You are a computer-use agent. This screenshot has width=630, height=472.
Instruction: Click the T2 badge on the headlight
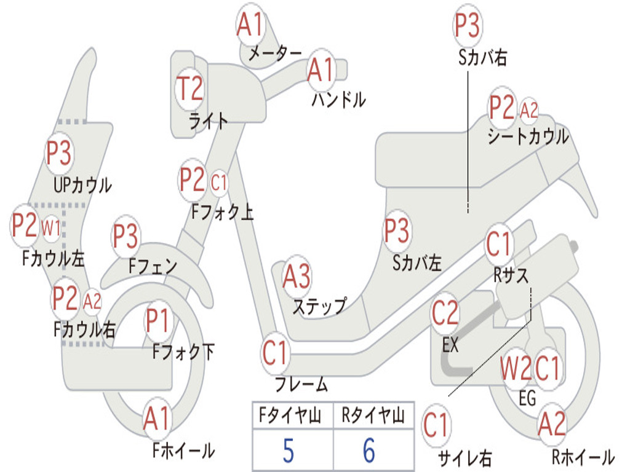coord(190,88)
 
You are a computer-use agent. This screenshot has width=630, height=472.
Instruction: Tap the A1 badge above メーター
coord(250,25)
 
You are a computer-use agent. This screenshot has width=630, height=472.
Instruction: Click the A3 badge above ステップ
coord(297,277)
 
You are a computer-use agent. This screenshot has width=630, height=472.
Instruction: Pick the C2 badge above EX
coord(445,313)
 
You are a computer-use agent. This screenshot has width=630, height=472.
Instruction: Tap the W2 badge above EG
coord(516,368)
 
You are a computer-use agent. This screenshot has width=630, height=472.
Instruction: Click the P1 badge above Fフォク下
coord(157,320)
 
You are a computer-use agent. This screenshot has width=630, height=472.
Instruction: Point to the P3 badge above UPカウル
coord(58,153)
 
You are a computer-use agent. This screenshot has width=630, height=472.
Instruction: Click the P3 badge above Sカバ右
coord(468,25)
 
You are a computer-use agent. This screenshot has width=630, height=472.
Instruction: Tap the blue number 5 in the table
coord(289,450)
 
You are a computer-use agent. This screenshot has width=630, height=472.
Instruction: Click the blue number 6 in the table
coord(369,450)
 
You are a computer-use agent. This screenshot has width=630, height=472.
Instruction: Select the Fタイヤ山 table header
coord(290,415)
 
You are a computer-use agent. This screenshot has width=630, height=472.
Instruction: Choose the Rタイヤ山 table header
coord(373,415)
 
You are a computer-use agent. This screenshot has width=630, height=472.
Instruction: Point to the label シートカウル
coord(528,136)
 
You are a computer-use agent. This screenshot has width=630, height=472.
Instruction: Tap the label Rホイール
coord(583,457)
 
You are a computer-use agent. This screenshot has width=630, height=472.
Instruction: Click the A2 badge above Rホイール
coord(552,424)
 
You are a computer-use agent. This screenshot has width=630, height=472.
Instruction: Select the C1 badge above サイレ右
coord(436,425)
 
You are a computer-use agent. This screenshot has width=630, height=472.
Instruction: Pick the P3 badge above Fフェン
coord(126,235)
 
